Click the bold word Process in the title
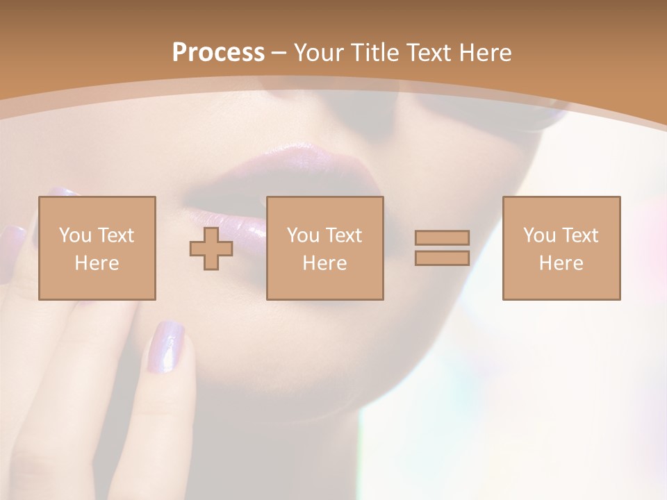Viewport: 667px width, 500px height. [x=218, y=53]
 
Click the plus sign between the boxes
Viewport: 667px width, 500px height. [x=211, y=249]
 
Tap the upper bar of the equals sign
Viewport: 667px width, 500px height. [x=442, y=237]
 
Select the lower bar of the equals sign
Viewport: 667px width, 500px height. [x=442, y=258]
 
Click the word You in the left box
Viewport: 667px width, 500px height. [x=76, y=235]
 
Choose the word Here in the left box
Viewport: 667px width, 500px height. [x=97, y=263]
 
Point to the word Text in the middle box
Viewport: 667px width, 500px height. [x=344, y=235]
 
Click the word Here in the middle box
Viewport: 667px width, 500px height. [x=324, y=263]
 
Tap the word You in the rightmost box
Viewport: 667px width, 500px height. [x=540, y=235]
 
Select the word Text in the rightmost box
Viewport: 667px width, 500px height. [x=580, y=235]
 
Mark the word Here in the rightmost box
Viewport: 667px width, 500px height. [x=561, y=263]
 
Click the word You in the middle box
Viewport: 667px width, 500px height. [x=304, y=235]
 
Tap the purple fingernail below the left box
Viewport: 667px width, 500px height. [x=165, y=346]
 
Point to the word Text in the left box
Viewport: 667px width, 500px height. [x=116, y=235]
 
